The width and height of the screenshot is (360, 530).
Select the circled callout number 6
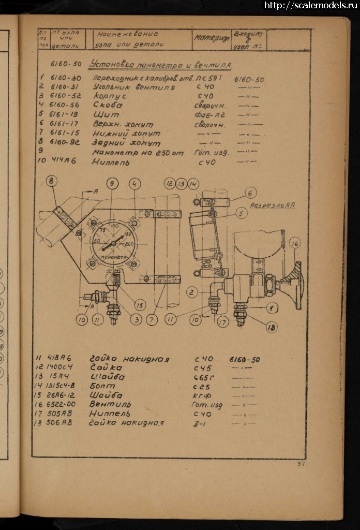pyautogui.click(x=251, y=193)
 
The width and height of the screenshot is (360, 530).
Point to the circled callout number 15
pyautogui.click(x=140, y=305)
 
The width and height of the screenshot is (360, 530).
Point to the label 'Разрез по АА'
pyautogui.click(x=272, y=205)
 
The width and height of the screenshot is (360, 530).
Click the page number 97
pyautogui.click(x=301, y=463)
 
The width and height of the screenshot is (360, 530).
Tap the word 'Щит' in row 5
pyautogui.click(x=105, y=114)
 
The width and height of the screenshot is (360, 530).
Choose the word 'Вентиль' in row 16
pyautogui.click(x=110, y=404)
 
